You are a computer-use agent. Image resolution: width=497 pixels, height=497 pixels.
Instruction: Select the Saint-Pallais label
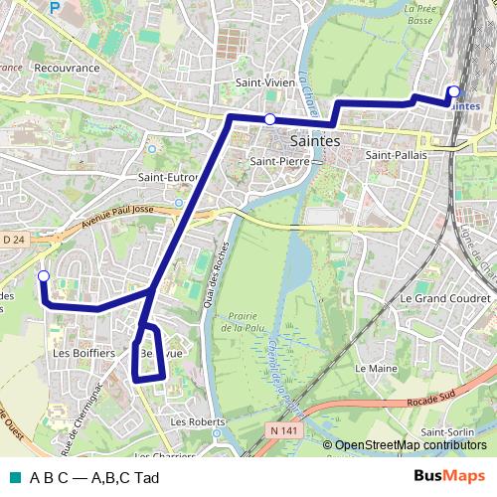click(x=396, y=156)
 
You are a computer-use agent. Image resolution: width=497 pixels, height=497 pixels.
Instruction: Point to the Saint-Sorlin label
click(x=447, y=433)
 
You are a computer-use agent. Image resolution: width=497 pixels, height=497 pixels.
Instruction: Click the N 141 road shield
click(x=282, y=428)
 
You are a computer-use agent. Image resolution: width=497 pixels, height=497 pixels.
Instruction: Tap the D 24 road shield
click(x=13, y=240)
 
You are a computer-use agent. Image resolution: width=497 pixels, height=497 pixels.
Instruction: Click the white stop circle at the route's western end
click(x=43, y=276)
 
